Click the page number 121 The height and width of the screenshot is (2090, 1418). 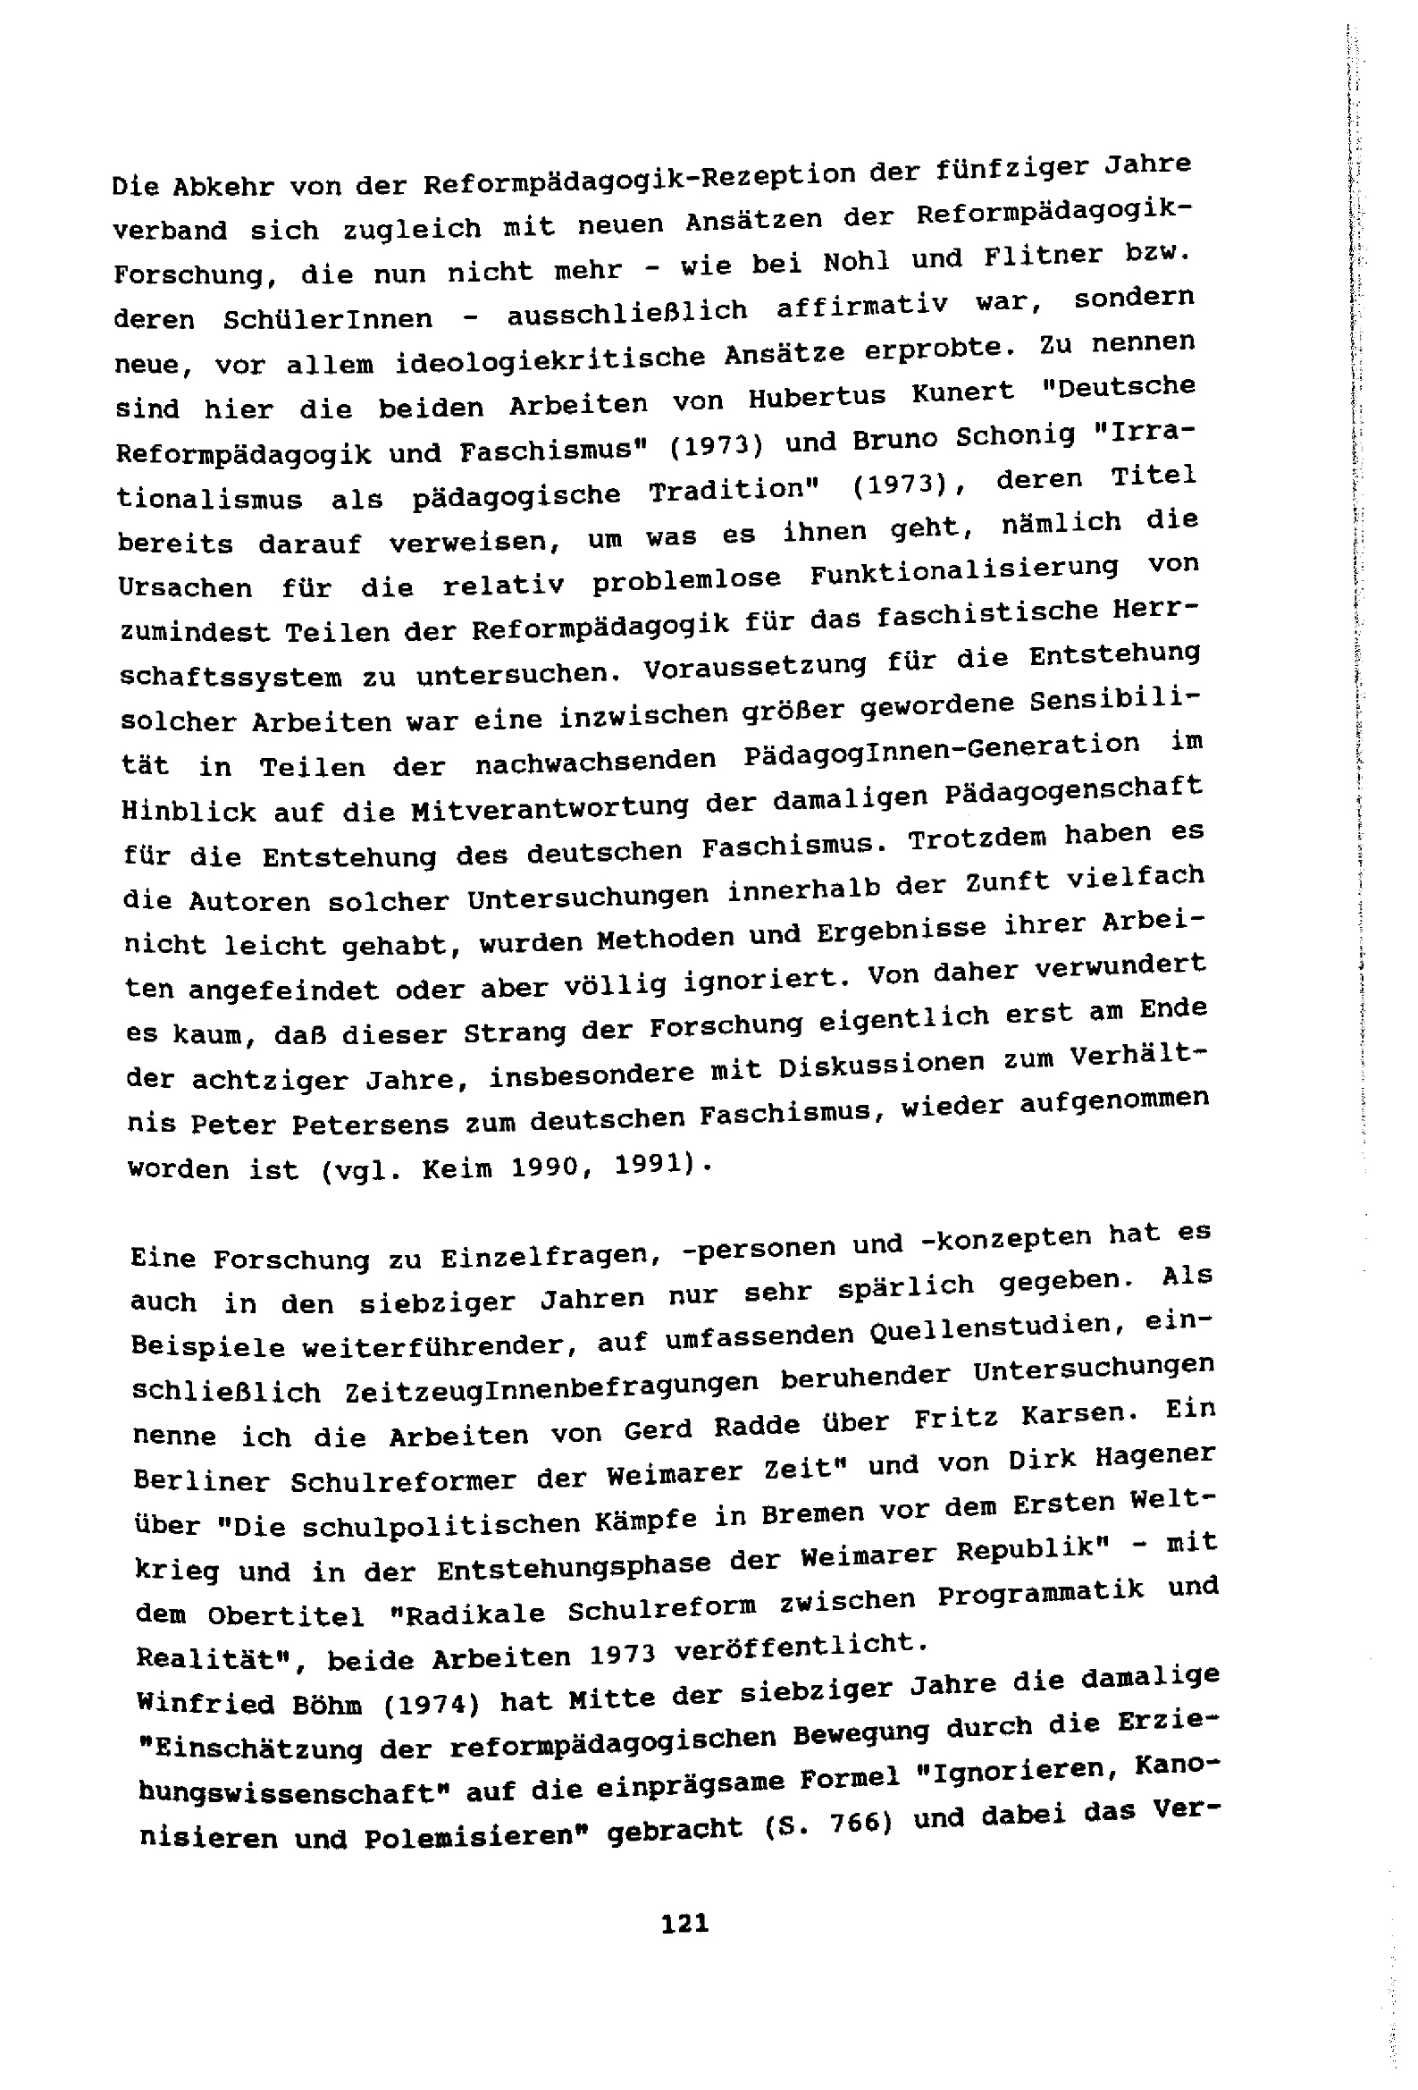pos(684,1924)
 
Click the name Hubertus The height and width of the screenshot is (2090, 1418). pos(827,398)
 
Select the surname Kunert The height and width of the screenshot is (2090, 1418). pos(964,392)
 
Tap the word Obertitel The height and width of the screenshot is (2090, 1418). pos(286,1615)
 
